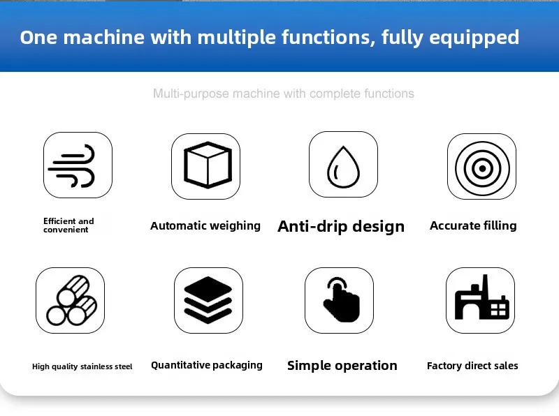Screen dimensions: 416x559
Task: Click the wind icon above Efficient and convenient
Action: pos(78,165)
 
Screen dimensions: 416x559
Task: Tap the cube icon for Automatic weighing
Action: pos(206,165)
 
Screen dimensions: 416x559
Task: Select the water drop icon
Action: pos(343,165)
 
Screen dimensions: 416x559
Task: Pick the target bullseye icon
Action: pos(481,167)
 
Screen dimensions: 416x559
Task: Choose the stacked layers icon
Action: pos(208,301)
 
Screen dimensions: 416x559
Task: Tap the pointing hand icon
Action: pos(340,300)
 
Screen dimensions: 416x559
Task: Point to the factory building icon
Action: pos(481,300)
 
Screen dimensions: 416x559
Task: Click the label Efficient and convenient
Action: pos(68,225)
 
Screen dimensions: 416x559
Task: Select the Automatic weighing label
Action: pos(205,225)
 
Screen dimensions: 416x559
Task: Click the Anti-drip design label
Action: pos(341,226)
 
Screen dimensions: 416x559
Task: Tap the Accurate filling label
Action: pos(473,225)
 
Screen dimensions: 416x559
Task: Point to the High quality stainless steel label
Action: pos(82,366)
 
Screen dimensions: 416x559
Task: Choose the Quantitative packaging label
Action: pos(207,365)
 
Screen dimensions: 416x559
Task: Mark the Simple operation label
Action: pos(342,366)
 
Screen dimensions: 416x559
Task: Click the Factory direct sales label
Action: pos(472,366)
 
